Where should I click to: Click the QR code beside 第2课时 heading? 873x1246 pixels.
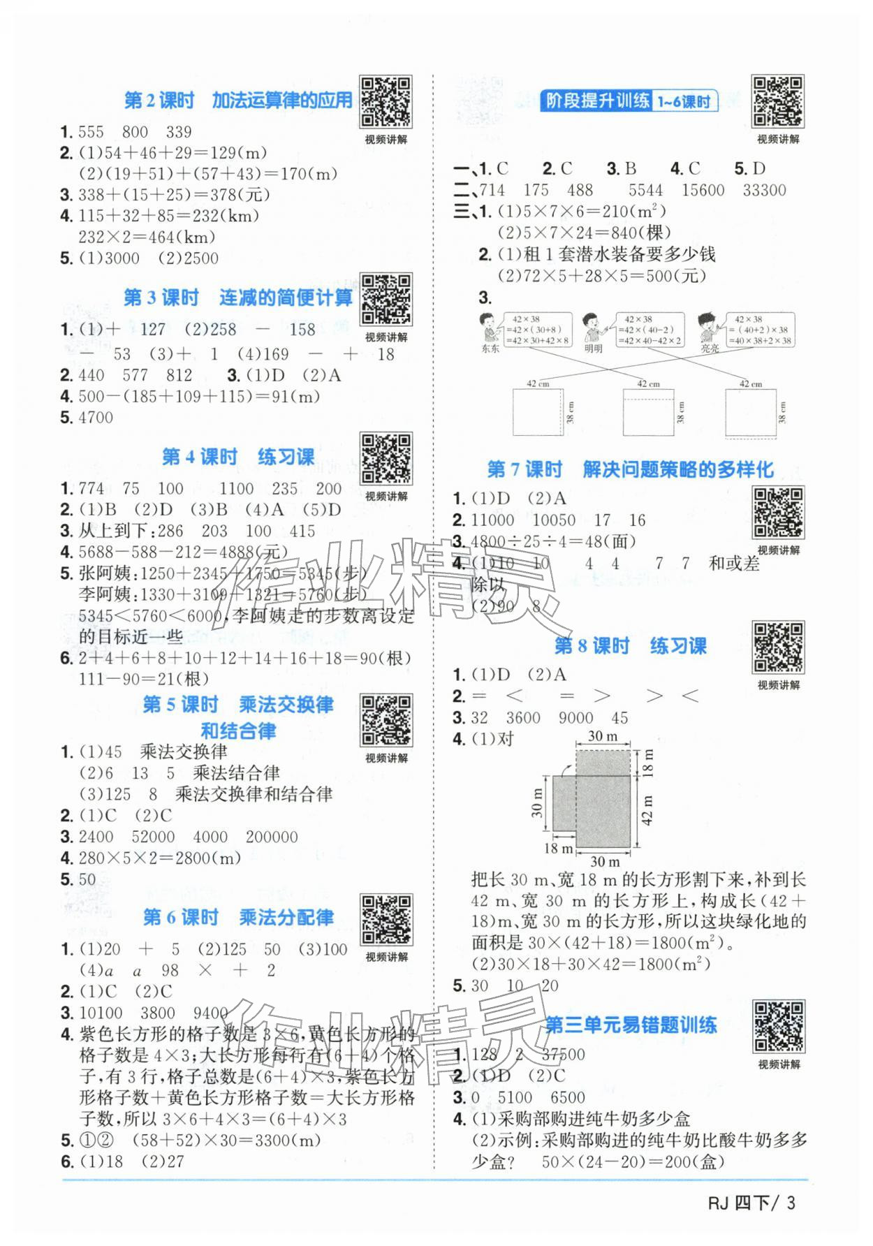385,102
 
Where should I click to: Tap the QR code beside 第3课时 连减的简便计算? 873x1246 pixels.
385,300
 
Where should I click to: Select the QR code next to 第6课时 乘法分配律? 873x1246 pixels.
386,920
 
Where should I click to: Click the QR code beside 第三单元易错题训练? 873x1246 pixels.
778,1026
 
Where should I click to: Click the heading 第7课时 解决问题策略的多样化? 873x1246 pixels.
629,469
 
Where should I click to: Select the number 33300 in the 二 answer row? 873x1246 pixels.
764,190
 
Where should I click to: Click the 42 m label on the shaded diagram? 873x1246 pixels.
647,809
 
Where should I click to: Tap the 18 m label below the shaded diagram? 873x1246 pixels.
558,849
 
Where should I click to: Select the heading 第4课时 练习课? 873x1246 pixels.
238,457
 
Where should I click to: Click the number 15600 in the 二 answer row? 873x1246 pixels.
703,190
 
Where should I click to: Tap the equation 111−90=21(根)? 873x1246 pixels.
144,678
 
